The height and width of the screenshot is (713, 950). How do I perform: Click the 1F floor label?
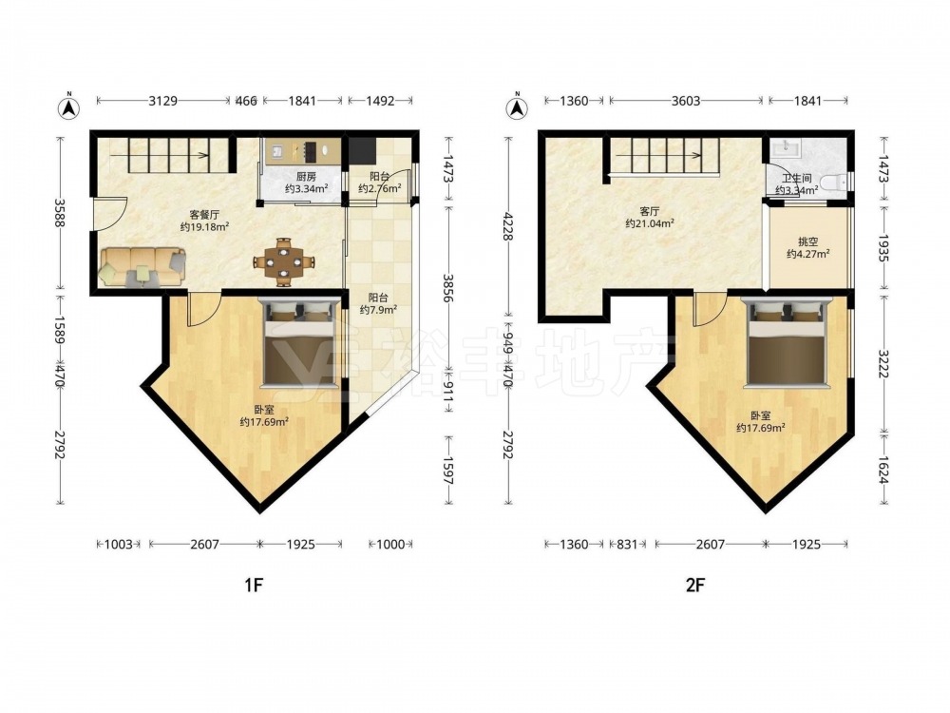254,585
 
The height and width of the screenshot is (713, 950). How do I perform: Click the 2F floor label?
695,585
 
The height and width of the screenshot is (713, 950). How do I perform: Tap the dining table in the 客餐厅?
283,262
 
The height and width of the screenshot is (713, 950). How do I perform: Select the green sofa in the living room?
143,266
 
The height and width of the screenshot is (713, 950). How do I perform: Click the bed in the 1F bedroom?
298,344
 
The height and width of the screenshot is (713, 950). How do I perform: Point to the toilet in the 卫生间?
835,182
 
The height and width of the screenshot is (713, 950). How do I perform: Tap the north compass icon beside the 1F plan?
69,107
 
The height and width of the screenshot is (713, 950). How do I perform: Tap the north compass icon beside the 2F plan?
517,107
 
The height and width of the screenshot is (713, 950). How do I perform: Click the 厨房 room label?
306,177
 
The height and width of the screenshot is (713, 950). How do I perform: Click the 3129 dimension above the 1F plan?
163,101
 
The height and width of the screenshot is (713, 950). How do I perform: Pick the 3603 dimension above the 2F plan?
686,101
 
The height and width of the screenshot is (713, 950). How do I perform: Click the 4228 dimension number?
507,226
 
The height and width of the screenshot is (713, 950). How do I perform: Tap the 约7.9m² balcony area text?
379,310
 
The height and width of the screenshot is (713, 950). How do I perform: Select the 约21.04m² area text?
650,223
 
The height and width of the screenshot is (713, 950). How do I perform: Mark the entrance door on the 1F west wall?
109,213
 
